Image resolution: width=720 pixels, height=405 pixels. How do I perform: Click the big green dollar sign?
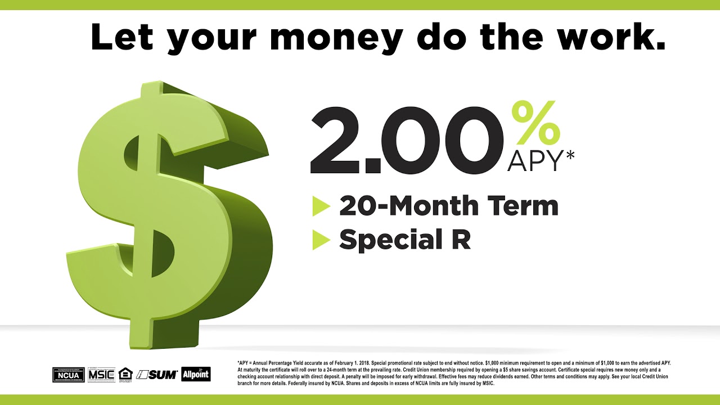pos(169,214)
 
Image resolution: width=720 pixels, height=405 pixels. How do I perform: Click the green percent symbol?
pos(536,123)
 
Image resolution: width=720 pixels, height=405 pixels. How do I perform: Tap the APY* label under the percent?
pos(541,161)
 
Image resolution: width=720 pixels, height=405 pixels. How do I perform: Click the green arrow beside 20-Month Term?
pos(321,206)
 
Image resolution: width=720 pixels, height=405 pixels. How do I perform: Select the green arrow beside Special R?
pos(321,240)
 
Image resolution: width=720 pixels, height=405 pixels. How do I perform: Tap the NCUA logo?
pos(68,374)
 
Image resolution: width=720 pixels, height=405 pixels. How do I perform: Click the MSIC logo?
pos(101,374)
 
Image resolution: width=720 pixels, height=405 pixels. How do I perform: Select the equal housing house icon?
pos(124,374)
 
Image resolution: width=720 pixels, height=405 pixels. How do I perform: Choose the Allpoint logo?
pos(196,374)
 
